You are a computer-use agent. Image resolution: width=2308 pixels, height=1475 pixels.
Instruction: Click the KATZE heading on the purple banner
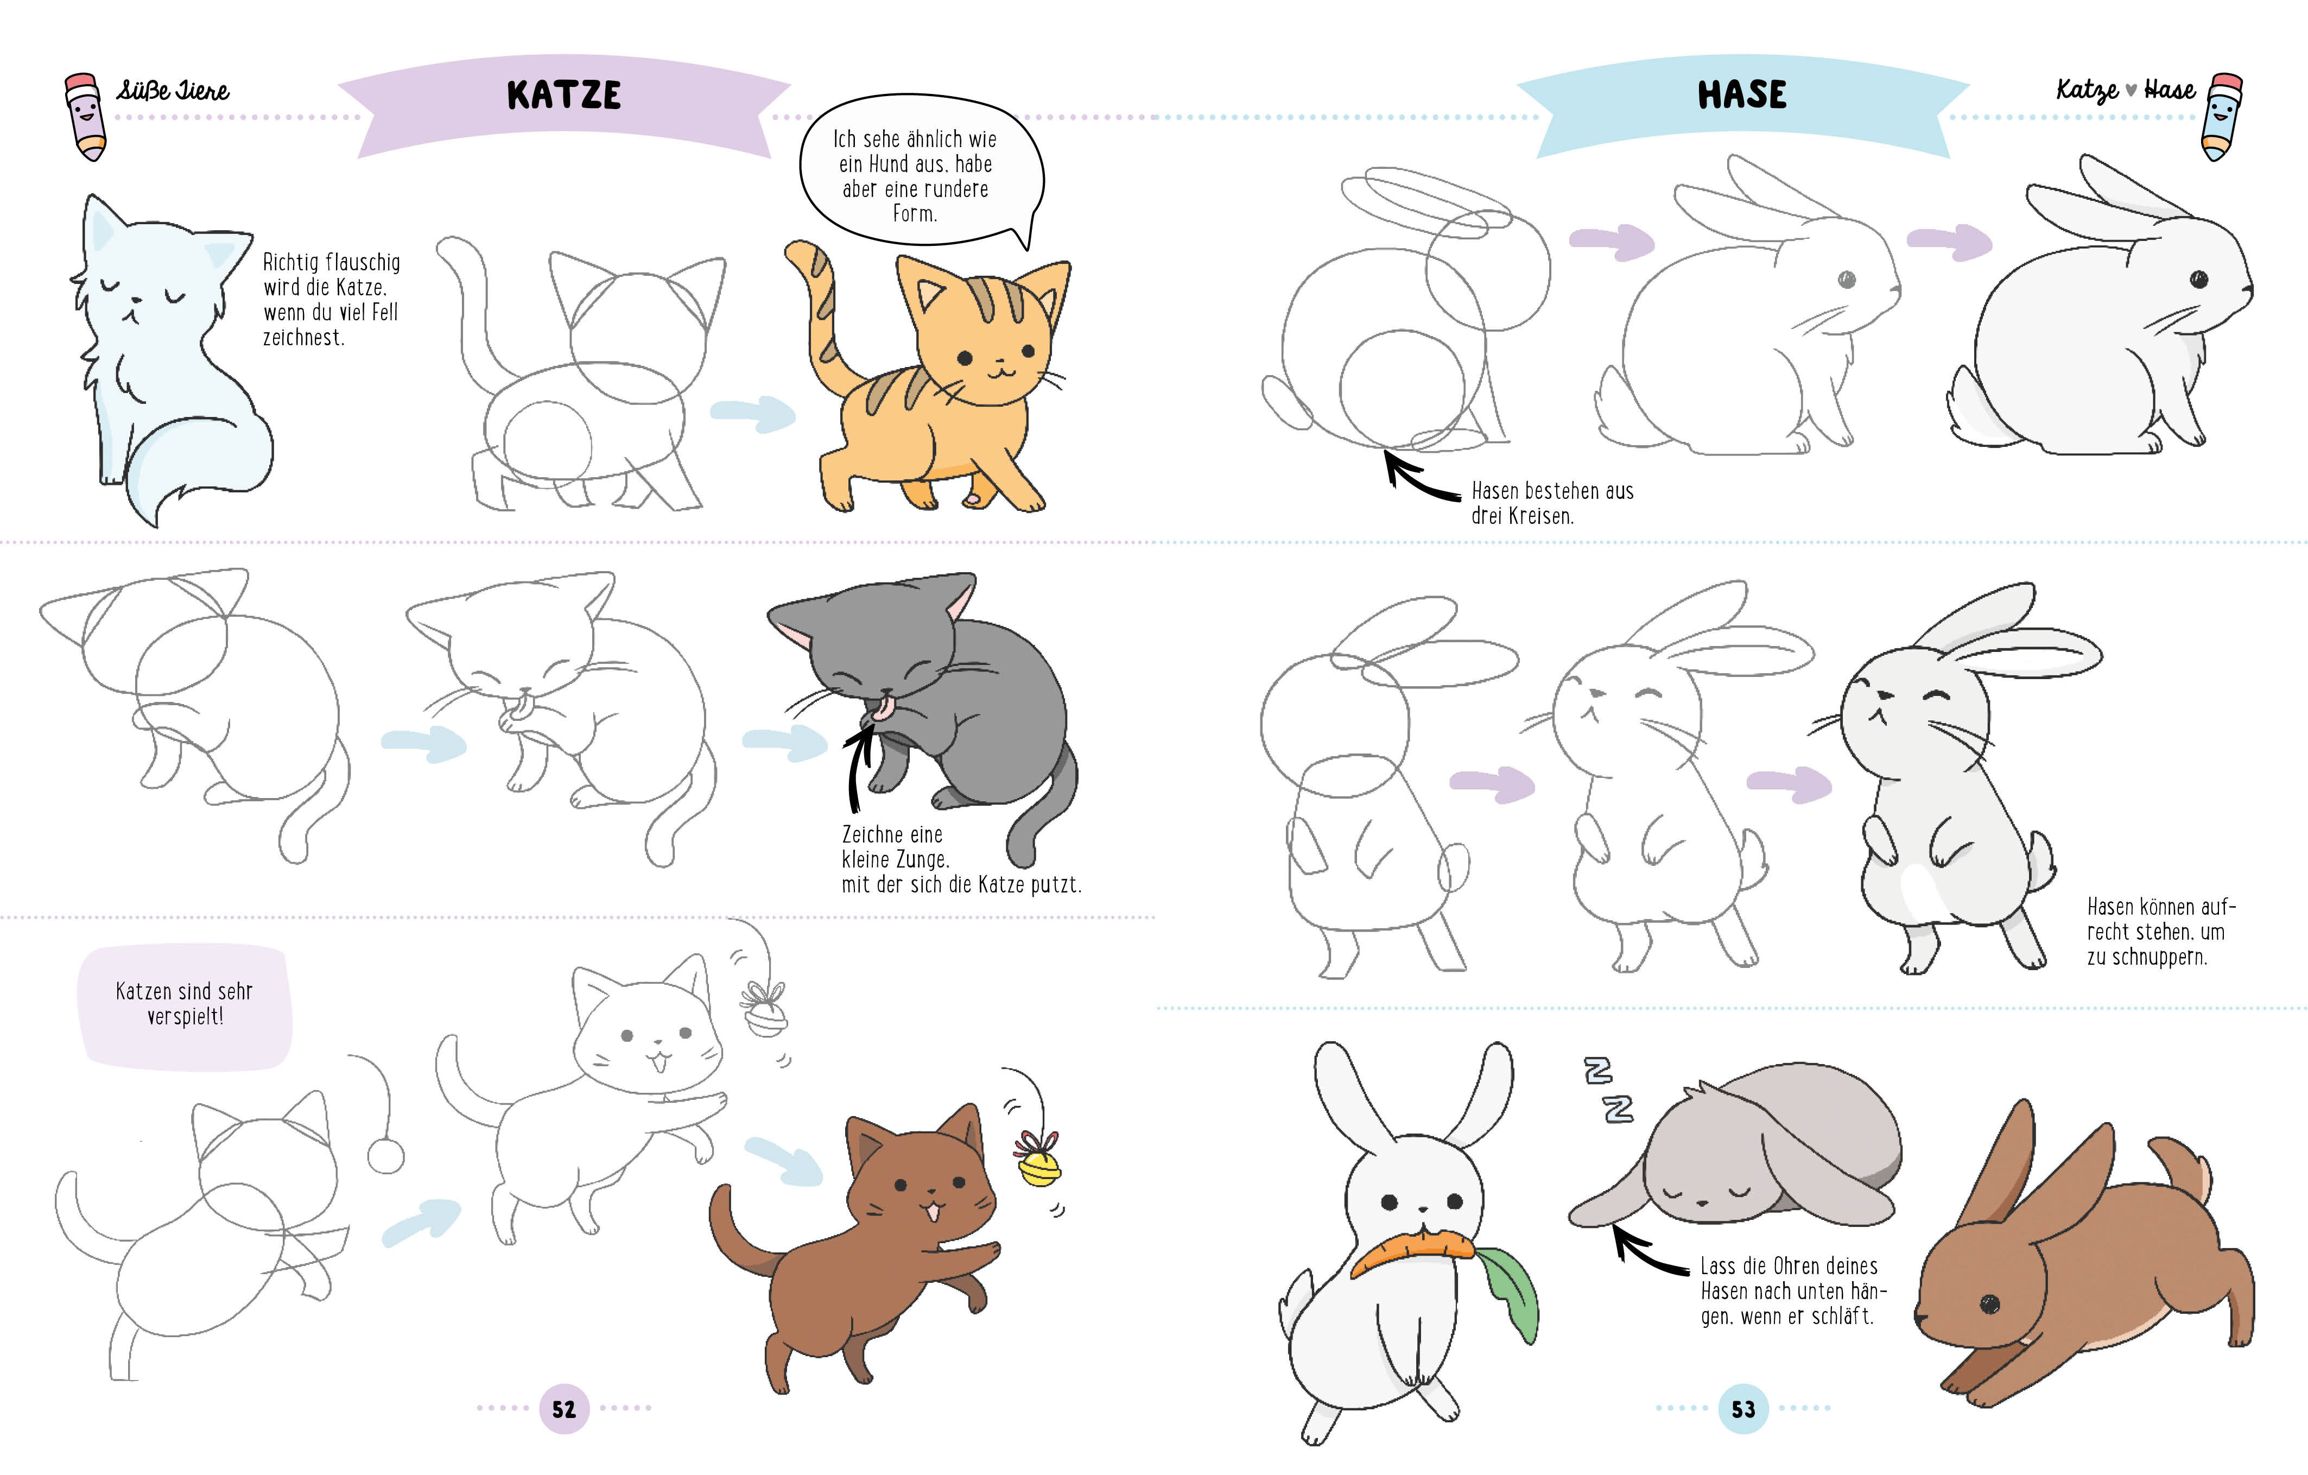[563, 95]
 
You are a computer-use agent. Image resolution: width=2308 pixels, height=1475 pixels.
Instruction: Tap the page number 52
[563, 1408]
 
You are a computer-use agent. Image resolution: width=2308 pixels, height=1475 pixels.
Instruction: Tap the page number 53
[1742, 1408]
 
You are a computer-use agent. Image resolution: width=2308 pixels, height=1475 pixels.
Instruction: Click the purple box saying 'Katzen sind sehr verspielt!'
[185, 1006]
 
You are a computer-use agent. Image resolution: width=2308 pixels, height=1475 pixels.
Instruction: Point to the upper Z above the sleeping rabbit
[1598, 1071]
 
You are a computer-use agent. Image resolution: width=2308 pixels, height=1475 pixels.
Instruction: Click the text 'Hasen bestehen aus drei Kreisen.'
[1553, 503]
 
